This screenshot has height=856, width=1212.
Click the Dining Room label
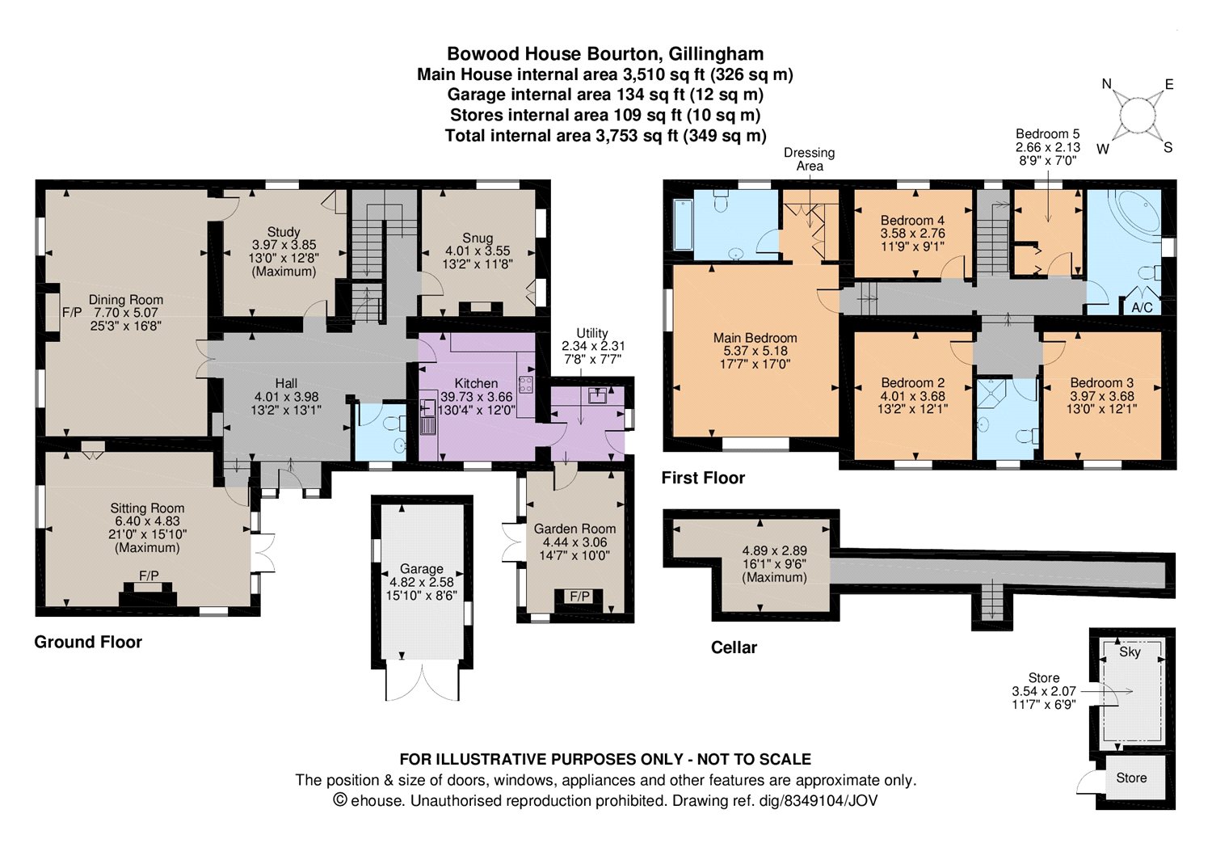[126, 299]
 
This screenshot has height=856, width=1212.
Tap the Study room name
[284, 232]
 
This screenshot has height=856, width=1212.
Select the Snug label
[478, 238]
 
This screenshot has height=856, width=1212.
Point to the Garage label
[422, 568]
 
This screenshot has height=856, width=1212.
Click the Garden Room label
[574, 529]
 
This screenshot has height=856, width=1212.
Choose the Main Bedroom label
[755, 338]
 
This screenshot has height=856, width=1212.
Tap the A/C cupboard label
[1143, 307]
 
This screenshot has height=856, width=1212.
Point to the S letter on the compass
[1168, 147]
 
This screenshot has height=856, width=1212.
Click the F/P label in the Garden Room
[579, 597]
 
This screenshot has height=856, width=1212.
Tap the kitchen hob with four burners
[525, 385]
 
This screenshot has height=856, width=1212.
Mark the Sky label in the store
[1130, 651]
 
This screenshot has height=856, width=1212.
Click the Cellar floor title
[734, 647]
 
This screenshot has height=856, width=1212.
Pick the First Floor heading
[703, 478]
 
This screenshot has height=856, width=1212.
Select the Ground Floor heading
[88, 642]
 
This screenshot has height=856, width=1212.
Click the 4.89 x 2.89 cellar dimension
[774, 550]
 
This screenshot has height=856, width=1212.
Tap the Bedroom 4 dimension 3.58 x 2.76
[913, 234]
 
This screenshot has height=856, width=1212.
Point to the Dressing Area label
[810, 159]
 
